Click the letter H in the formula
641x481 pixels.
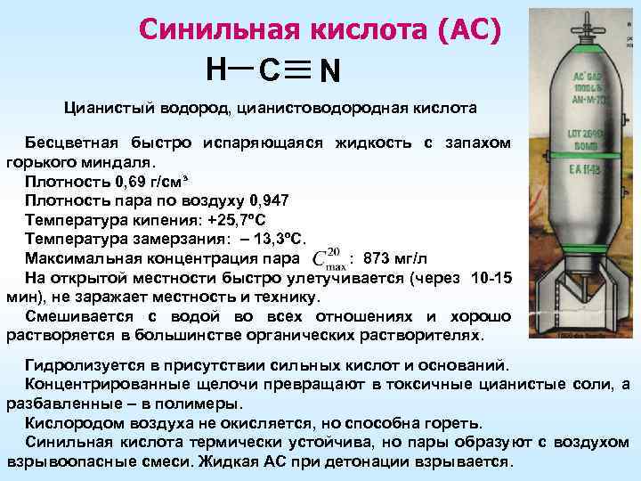pyautogui.click(x=215, y=66)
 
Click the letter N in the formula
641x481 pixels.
pyautogui.click(x=330, y=69)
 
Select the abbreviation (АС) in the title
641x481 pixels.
pyautogui.click(x=469, y=29)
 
